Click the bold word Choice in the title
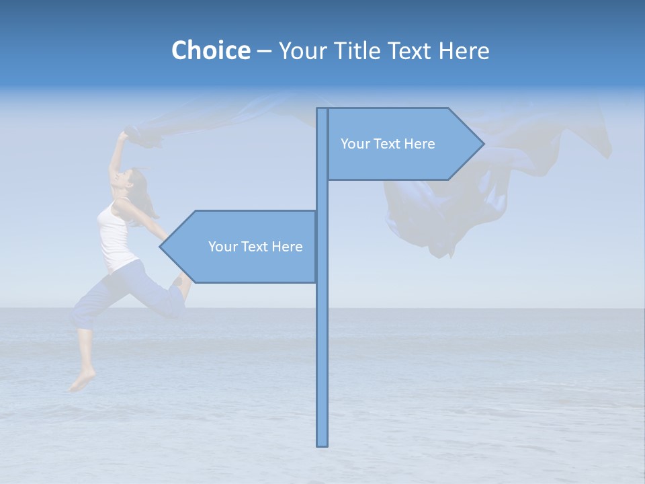coord(210,50)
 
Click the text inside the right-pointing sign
coord(388,144)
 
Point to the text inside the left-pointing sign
coord(255,247)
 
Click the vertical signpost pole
coord(322,336)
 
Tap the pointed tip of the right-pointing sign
coord(482,143)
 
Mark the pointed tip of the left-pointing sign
coord(162,247)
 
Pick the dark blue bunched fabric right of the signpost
coord(430,215)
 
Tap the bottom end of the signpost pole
coord(322,444)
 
